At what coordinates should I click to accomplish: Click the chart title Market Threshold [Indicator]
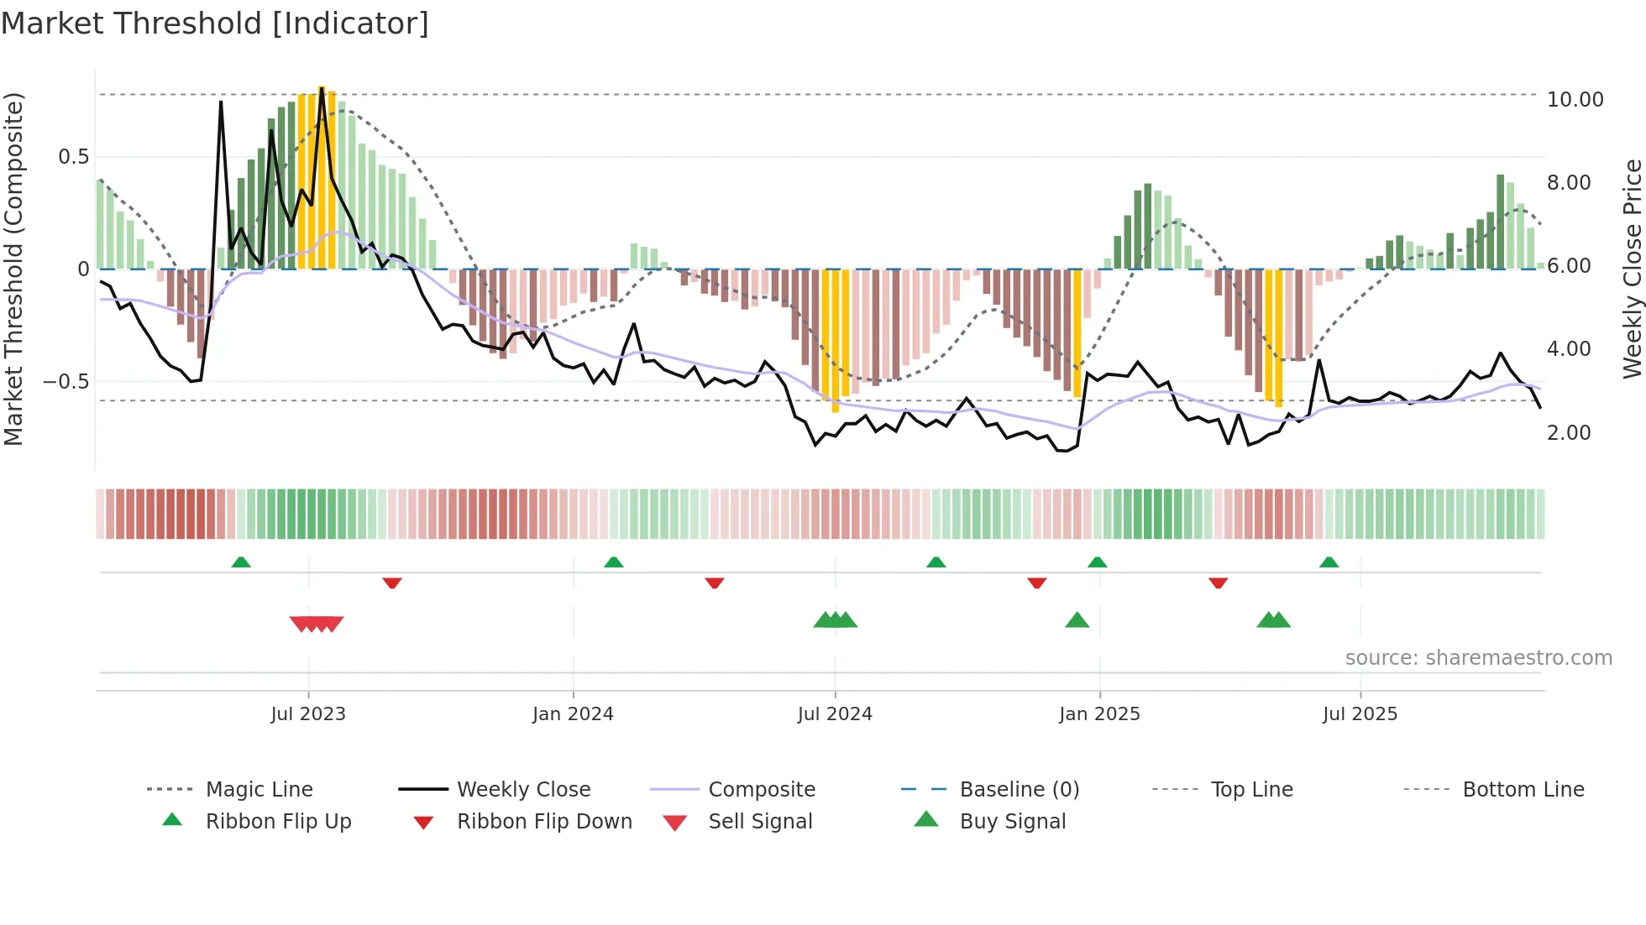coord(215,24)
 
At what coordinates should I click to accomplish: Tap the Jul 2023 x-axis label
coord(308,713)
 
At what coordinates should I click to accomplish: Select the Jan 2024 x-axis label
coord(573,713)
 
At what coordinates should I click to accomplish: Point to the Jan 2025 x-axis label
coord(1099,713)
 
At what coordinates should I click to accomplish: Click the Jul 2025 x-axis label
coord(1360,713)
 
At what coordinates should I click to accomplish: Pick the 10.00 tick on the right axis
coord(1575,100)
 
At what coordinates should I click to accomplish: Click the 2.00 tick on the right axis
coord(1569,433)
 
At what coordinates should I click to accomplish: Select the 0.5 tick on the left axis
coord(73,157)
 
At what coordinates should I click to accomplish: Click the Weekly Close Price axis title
coord(1632,269)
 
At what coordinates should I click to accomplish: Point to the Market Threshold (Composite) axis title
coord(13,269)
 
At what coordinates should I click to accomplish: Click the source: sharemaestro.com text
coord(1478,658)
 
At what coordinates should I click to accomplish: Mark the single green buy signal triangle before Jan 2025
coord(1077,620)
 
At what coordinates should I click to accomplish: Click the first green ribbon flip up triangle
coord(241,562)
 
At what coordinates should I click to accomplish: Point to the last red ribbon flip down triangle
coord(1218,583)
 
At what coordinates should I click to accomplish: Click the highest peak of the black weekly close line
coord(322,87)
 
